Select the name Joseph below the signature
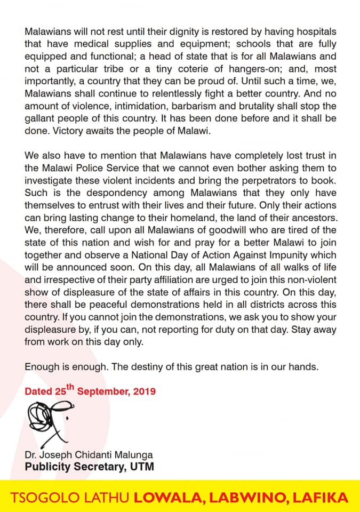pyautogui.click(x=53, y=454)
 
